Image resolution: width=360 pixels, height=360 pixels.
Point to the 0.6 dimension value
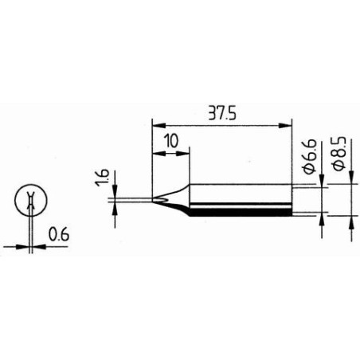point(57,236)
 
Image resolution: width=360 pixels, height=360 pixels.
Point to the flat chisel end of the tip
point(152,200)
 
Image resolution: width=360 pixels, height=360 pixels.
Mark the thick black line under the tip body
point(239,213)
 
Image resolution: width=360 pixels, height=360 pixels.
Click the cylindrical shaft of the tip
point(239,199)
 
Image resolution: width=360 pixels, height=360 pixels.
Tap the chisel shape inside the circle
point(30,203)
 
